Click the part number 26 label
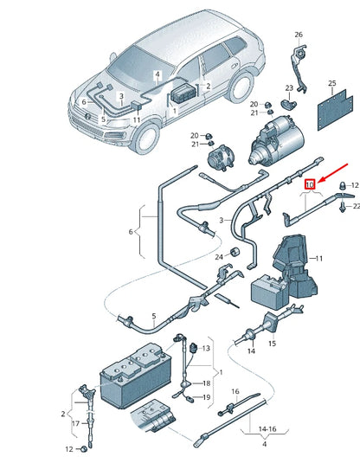tap(299, 35)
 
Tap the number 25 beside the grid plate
tap(331, 84)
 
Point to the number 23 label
tap(290, 88)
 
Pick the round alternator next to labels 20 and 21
tap(215, 159)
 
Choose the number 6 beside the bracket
tap(131, 232)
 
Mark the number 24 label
tap(220, 257)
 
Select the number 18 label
tap(206, 382)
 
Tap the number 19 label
tap(206, 397)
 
